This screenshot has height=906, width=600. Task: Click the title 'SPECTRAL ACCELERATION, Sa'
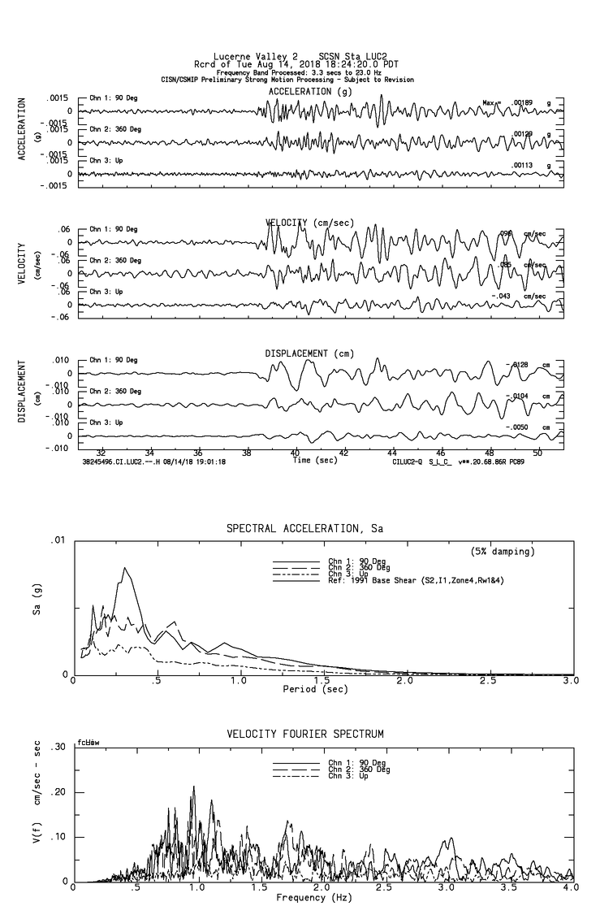pos(304,529)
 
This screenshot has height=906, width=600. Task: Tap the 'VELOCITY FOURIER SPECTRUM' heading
pos(304,735)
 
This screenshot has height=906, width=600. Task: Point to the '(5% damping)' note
pos(503,552)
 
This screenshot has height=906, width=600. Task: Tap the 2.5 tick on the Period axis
pos(488,680)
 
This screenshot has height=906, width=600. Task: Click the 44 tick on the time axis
pos(392,453)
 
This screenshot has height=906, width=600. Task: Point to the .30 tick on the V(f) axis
pos(58,748)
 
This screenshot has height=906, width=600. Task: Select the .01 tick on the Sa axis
pos(58,540)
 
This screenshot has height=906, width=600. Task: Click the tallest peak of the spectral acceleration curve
pos(126,568)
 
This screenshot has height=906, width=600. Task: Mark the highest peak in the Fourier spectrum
pos(193,787)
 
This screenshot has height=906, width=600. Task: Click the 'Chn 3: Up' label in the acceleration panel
pos(106,160)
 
